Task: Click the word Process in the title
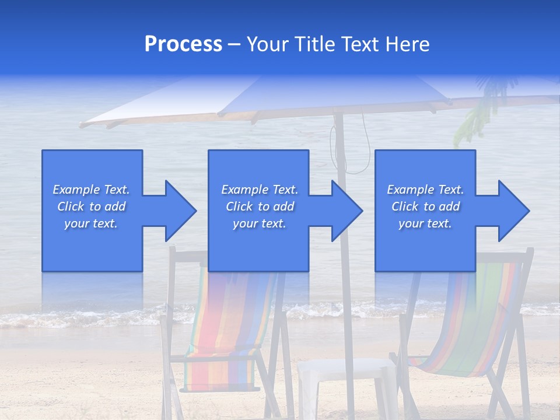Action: pyautogui.click(x=183, y=44)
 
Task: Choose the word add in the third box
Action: pyautogui.click(x=449, y=206)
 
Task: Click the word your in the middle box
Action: pyautogui.click(x=245, y=223)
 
